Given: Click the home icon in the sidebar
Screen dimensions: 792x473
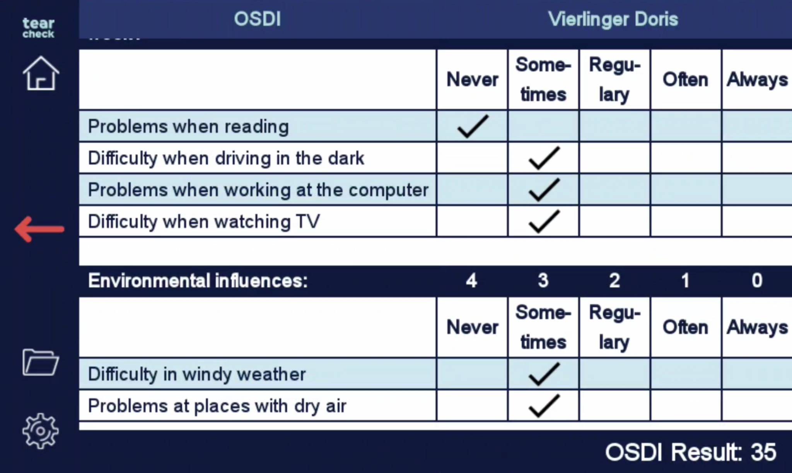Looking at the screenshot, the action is pyautogui.click(x=41, y=74).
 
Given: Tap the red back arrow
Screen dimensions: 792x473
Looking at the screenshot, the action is pyautogui.click(x=39, y=229).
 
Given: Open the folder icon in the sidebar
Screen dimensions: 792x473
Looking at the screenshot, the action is pyautogui.click(x=41, y=362).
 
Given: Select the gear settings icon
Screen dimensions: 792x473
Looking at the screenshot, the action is pyautogui.click(x=41, y=431).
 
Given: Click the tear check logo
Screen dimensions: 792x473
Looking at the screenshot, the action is pyautogui.click(x=38, y=28).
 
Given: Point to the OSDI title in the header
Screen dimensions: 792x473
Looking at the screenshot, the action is pyautogui.click(x=257, y=19).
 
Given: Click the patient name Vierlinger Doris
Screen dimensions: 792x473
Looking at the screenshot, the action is pyautogui.click(x=613, y=19).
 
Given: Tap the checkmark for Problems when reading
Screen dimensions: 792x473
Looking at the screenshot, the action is pyautogui.click(x=473, y=126).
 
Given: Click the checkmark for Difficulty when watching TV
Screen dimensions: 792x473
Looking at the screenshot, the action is pyautogui.click(x=544, y=221).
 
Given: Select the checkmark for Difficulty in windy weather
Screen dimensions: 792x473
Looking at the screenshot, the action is pyautogui.click(x=544, y=374).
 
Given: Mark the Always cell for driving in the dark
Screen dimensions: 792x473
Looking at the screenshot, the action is pyautogui.click(x=757, y=158).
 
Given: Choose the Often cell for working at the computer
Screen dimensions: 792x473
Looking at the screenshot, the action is pyautogui.click(x=686, y=190).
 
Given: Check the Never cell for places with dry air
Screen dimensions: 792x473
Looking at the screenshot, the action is pyautogui.click(x=472, y=406).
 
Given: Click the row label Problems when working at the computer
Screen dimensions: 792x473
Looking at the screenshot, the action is pyautogui.click(x=258, y=190).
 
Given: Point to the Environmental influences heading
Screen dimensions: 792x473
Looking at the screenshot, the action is pyautogui.click(x=198, y=281).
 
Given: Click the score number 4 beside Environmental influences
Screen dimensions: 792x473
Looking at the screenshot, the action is pyautogui.click(x=471, y=281).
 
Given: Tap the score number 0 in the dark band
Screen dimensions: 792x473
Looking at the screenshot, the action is pyautogui.click(x=757, y=281).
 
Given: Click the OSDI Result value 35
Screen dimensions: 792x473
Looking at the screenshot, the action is pyautogui.click(x=763, y=452).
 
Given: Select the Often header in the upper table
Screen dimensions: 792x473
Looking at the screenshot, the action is pyautogui.click(x=685, y=80).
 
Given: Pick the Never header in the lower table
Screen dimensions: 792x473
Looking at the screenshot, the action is pyautogui.click(x=472, y=327).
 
